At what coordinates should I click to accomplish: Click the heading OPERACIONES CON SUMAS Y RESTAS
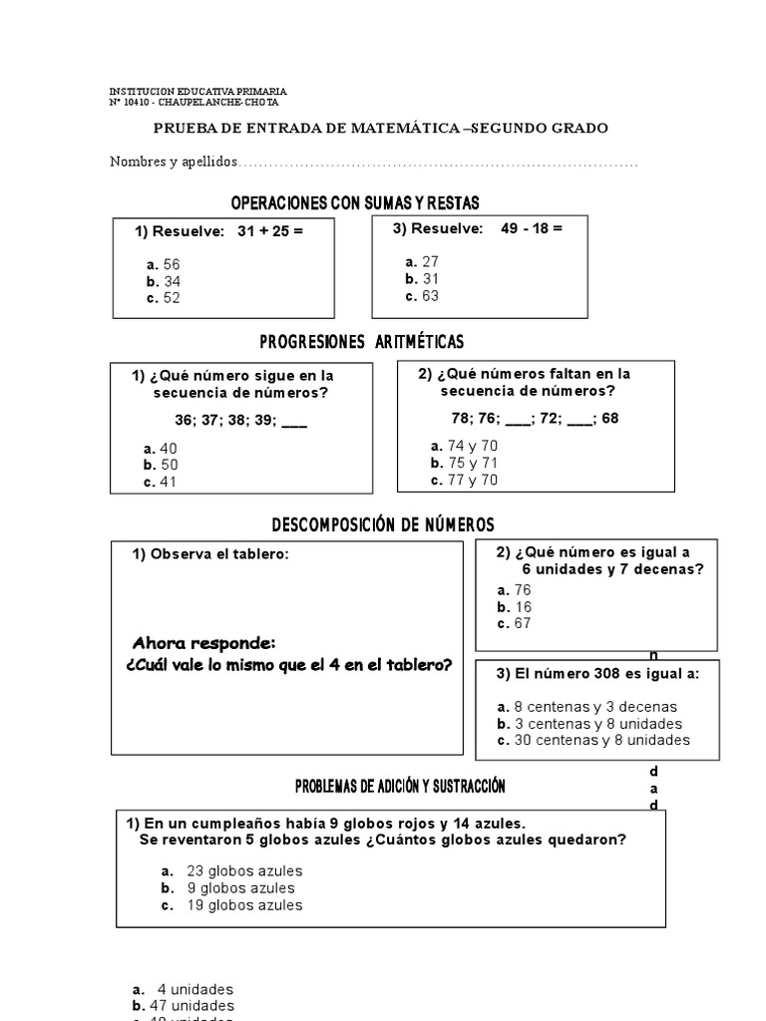(x=355, y=203)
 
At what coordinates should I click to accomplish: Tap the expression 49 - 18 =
(x=532, y=228)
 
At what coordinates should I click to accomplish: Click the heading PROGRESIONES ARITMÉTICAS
(x=361, y=342)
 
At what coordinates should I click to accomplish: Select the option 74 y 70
(x=465, y=446)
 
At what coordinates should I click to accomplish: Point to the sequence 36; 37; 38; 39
(x=225, y=419)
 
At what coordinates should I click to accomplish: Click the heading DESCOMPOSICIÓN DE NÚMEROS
(x=383, y=524)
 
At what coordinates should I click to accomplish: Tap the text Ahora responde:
(x=203, y=642)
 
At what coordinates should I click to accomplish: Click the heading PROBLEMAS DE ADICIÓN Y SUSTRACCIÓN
(x=400, y=787)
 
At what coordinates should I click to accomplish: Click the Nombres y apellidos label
(x=175, y=162)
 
